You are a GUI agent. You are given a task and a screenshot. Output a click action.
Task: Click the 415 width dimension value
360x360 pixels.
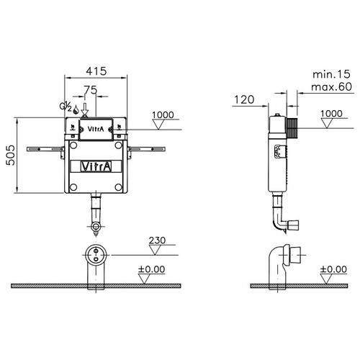(x=96, y=71)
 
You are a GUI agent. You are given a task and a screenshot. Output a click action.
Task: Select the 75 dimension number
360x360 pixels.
(x=91, y=90)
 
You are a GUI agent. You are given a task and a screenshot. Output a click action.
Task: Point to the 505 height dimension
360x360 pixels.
(x=10, y=155)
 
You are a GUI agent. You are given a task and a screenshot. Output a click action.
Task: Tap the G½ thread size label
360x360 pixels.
(x=66, y=107)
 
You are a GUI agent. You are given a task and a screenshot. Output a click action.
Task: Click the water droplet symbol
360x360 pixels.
(x=76, y=109)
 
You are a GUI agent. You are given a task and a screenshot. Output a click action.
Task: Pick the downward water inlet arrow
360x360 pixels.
(x=85, y=109)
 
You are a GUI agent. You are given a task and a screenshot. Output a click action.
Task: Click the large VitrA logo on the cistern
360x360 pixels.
(x=96, y=166)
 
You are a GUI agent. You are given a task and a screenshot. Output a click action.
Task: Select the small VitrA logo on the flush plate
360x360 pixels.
(x=96, y=129)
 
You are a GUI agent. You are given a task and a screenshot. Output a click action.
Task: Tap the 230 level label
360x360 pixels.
(x=157, y=240)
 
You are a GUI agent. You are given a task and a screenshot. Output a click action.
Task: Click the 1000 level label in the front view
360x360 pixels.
(x=163, y=114)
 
